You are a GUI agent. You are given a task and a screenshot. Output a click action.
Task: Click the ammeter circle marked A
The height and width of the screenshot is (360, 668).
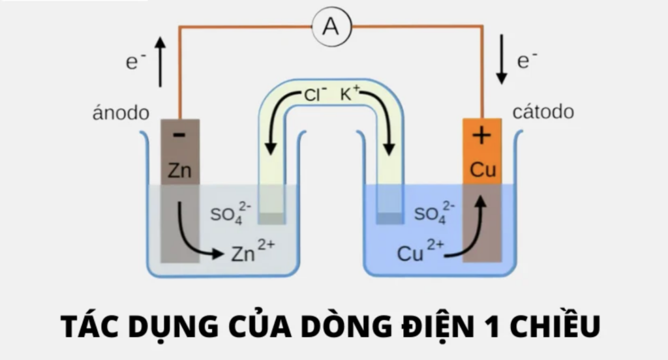click(332, 27)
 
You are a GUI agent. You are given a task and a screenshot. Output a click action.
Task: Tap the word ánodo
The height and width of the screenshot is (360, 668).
click(121, 113)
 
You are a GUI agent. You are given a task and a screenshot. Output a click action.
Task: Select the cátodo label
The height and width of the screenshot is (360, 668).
click(543, 112)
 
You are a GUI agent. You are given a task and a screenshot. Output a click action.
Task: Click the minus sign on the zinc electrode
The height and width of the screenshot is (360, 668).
click(179, 135)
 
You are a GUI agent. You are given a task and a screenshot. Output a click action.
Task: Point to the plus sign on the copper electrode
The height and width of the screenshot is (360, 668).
click(482, 136)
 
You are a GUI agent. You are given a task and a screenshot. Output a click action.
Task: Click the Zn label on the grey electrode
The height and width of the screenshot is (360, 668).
click(180, 170)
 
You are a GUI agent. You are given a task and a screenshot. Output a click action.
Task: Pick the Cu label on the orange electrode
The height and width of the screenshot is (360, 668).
click(483, 170)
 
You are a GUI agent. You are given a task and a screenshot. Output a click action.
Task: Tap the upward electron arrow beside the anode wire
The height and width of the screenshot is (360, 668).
click(160, 62)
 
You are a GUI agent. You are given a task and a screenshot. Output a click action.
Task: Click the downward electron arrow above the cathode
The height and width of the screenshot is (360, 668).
click(502, 59)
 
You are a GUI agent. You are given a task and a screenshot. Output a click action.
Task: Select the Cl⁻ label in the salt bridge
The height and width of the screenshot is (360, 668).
click(315, 94)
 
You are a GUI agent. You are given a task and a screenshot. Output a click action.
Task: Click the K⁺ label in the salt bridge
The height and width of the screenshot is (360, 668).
click(350, 93)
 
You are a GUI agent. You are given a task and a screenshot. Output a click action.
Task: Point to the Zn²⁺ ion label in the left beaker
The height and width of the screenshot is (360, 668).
click(253, 250)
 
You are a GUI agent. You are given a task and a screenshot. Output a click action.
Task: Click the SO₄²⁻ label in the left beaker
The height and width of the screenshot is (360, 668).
click(230, 213)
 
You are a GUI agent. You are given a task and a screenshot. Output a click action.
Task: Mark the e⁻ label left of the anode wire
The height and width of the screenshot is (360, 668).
click(136, 61)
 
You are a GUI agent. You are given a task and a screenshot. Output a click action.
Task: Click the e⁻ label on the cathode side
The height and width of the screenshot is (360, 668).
click(527, 59)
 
